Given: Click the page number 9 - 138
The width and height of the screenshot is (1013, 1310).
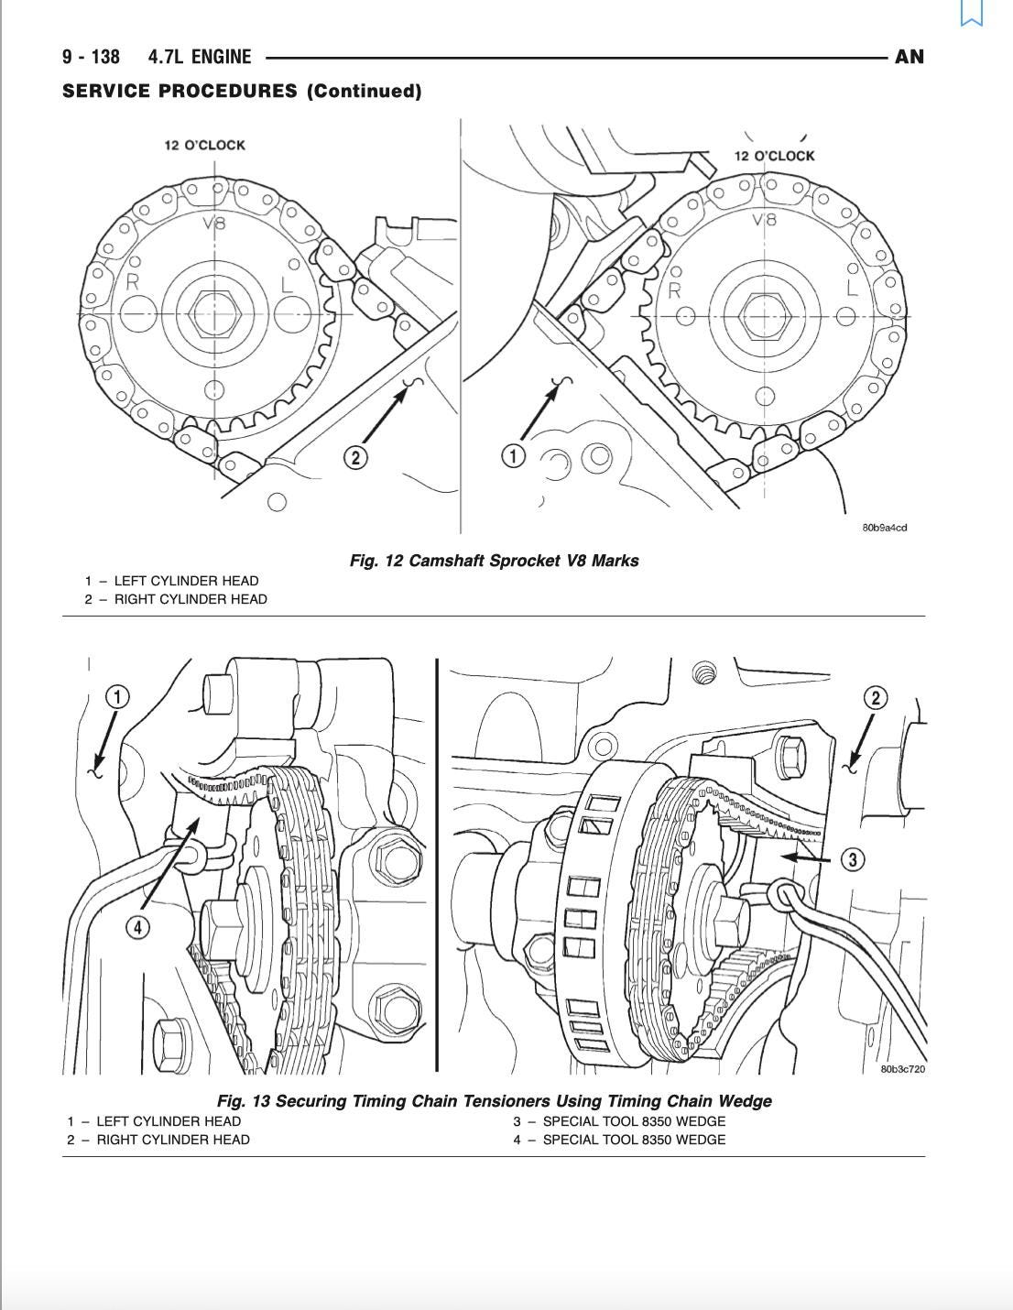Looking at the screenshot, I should pyautogui.click(x=91, y=57).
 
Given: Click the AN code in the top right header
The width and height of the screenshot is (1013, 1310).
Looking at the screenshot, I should pyautogui.click(x=909, y=57).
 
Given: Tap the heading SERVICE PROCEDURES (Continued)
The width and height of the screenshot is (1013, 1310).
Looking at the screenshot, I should pyautogui.click(x=242, y=91).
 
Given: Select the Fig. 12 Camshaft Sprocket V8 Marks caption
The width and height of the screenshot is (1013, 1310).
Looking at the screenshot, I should pyautogui.click(x=494, y=561).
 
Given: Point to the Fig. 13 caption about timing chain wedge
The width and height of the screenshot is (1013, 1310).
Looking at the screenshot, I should pyautogui.click(x=494, y=1101).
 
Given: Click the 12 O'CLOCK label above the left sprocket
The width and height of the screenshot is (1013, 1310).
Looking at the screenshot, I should pyautogui.click(x=205, y=145).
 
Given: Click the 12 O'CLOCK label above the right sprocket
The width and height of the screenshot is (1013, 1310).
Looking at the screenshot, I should pyautogui.click(x=774, y=156).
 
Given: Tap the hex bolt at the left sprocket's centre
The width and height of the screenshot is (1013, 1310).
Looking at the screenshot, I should pyautogui.click(x=214, y=314).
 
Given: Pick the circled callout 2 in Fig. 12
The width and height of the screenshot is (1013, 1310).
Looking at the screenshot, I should pyautogui.click(x=355, y=457).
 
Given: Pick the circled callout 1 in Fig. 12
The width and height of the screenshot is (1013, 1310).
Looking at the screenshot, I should pyautogui.click(x=513, y=456).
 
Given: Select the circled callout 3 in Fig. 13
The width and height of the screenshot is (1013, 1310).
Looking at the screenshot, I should pyautogui.click(x=853, y=859).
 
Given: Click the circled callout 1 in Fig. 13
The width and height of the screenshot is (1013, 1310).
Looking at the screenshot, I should pyautogui.click(x=117, y=697).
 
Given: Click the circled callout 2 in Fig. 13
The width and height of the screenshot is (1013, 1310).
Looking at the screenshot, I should pyautogui.click(x=875, y=698).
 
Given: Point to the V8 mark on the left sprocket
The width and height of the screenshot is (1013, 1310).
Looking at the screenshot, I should pyautogui.click(x=212, y=223).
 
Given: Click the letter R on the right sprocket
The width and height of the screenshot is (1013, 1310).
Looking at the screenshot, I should pyautogui.click(x=675, y=291).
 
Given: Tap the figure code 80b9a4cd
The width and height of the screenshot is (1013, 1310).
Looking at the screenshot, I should pyautogui.click(x=884, y=528).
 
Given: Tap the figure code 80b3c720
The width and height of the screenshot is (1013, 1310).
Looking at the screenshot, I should pyautogui.click(x=902, y=1069).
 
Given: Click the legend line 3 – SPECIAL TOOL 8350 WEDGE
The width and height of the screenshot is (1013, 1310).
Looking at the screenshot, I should pyautogui.click(x=619, y=1121).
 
